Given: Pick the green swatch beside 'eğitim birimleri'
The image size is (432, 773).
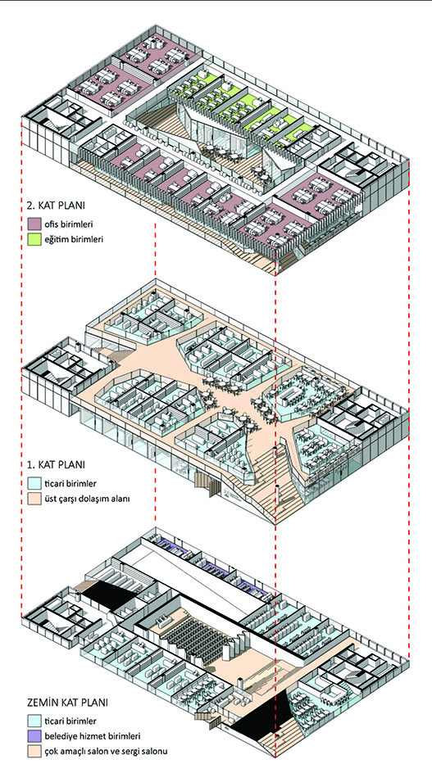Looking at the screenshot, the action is pos(34,239).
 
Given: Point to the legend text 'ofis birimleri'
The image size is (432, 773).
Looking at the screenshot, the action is pos(68,224).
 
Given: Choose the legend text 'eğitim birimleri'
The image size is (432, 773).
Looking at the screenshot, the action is pos(73,240).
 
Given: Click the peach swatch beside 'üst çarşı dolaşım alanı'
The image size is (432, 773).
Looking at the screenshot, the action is pos(34,498).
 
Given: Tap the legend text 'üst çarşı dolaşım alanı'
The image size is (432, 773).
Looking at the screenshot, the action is pos(87,499).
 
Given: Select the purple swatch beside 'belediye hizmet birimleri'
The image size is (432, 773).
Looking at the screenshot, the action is pos(34,736).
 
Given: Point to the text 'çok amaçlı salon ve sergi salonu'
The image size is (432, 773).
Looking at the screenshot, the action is pos(106,753).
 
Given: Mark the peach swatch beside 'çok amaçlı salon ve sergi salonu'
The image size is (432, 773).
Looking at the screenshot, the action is pos(34,752).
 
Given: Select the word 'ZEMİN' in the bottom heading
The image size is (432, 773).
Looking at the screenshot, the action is pos(43,701).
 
